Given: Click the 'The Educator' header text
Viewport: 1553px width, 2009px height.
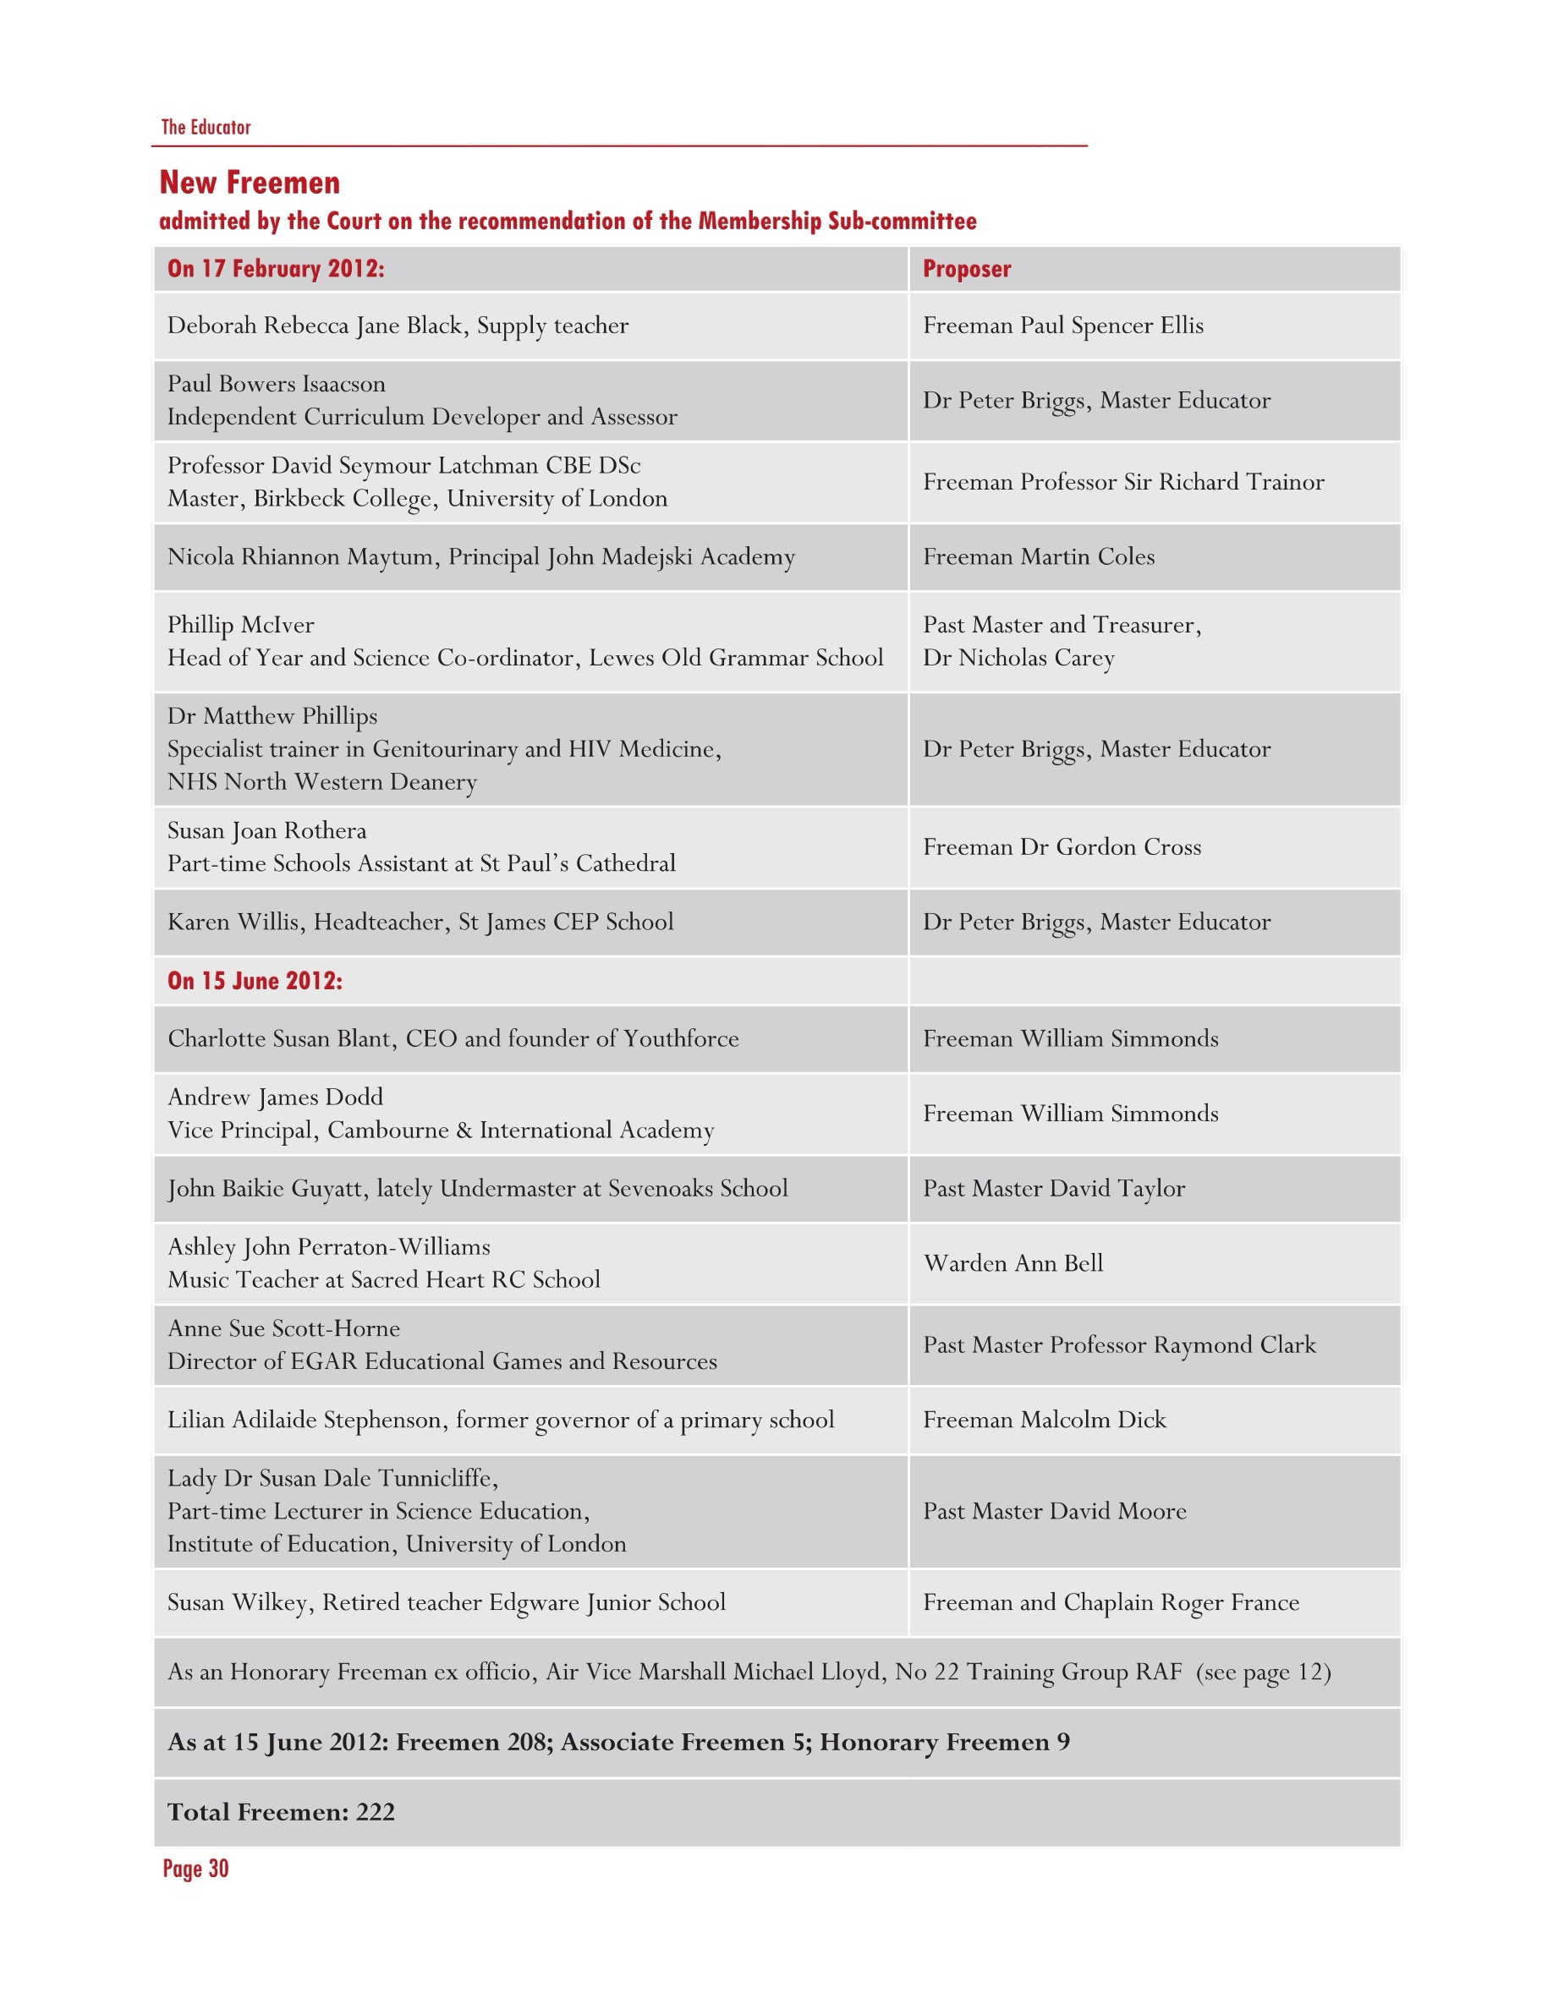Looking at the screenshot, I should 206,127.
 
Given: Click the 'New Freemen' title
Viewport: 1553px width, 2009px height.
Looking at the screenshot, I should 250,182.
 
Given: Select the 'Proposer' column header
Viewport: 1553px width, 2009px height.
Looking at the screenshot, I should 966,269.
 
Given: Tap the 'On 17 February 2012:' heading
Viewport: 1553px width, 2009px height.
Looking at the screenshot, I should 275,269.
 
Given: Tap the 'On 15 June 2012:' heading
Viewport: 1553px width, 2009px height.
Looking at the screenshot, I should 254,981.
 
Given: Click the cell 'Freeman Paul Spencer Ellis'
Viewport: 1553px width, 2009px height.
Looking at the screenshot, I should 1062,326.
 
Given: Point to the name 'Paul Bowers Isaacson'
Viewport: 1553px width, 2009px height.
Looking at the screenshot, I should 276,384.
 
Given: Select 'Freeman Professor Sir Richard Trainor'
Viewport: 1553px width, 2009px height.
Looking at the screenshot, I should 1123,482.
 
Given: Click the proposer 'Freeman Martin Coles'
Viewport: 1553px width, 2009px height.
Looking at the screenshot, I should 1039,556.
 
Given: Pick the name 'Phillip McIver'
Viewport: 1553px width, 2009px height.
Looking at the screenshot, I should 240,625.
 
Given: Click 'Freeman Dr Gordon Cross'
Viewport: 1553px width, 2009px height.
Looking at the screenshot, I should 1062,847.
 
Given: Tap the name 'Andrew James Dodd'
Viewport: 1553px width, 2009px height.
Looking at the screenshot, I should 275,1097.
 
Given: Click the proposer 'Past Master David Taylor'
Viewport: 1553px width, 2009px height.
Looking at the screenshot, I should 1053,1189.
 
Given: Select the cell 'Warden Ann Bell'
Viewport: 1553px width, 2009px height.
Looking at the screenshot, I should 1013,1263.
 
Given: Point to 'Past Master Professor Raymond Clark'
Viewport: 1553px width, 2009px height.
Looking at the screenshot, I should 1120,1345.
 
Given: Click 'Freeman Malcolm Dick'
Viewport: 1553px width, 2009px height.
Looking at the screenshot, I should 1045,1420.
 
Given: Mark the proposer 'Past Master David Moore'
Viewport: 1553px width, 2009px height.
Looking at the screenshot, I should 1054,1510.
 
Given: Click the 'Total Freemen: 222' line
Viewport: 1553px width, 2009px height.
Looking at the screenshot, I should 281,1811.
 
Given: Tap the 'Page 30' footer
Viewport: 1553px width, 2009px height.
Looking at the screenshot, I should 195,1869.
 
